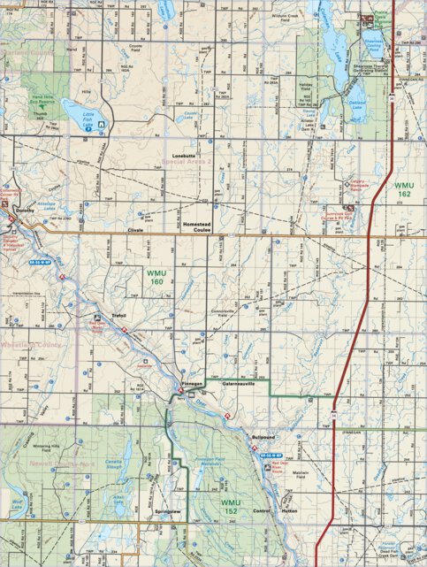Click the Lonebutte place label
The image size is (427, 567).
(183, 156)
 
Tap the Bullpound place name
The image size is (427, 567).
(264, 437)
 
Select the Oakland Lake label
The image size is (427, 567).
(356, 103)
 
